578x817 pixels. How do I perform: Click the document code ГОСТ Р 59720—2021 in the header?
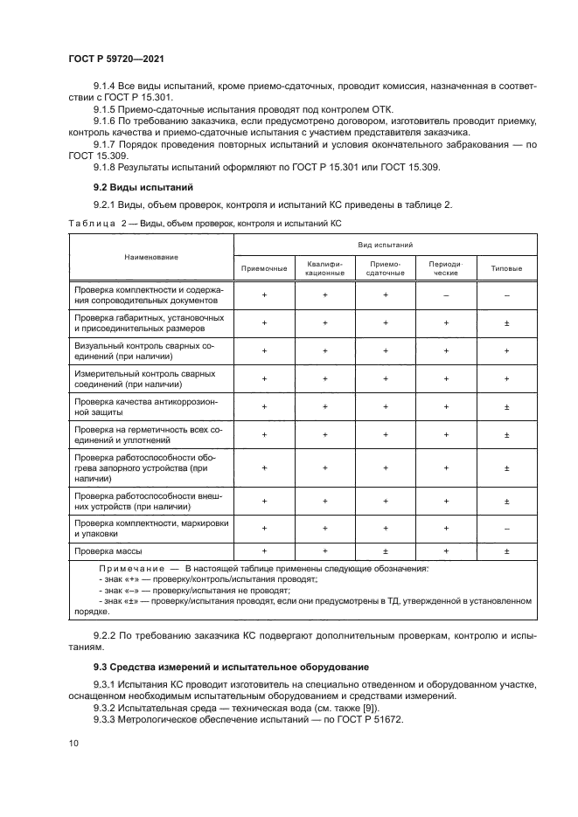tap(116, 58)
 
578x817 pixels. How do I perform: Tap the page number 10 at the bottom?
tap(73, 743)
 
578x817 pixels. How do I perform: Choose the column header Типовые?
tap(507, 268)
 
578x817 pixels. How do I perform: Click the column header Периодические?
tap(446, 268)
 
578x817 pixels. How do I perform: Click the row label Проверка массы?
tap(108, 551)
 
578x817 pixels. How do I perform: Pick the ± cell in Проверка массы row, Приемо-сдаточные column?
tap(385, 551)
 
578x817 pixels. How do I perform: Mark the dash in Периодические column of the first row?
tap(446, 295)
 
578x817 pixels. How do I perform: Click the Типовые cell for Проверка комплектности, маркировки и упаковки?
tap(507, 528)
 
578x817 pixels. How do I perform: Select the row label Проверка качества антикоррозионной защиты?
tap(146, 405)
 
